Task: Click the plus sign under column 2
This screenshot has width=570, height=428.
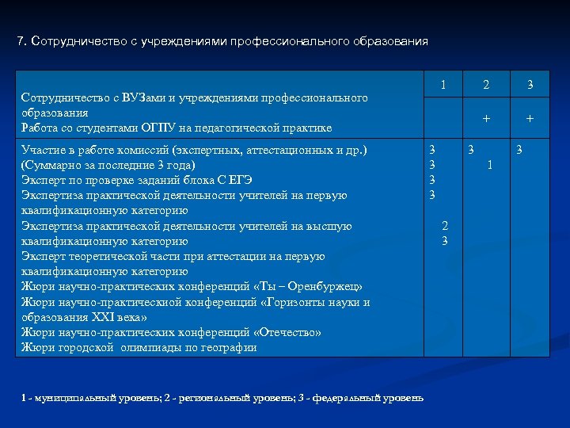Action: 486,117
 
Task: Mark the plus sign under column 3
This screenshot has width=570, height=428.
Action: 530,117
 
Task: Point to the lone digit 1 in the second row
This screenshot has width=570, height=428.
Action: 491,165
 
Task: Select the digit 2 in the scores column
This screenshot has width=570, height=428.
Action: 445,226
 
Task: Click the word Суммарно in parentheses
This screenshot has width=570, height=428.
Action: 50,166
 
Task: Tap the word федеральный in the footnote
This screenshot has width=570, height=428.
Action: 347,397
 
